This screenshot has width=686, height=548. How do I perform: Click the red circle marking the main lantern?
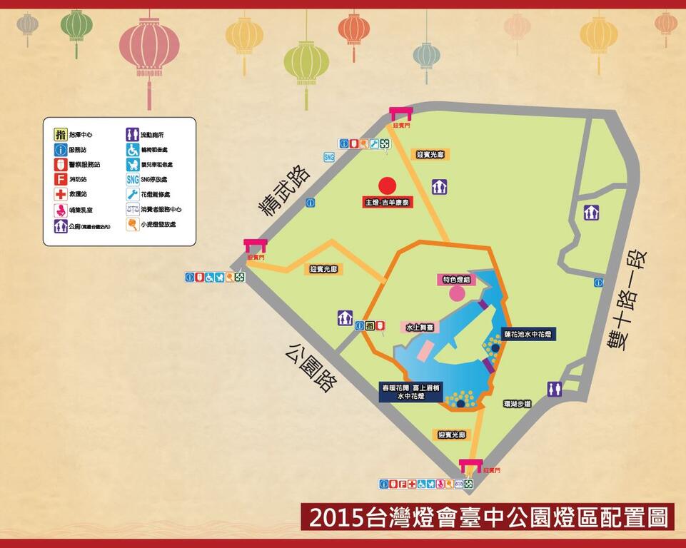386,186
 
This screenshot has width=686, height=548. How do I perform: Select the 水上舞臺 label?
420,326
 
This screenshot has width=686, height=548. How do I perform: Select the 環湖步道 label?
517,404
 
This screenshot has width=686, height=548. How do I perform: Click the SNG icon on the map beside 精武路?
329,157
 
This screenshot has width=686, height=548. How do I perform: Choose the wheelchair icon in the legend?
132,150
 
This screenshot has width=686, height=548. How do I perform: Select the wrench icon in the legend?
132,194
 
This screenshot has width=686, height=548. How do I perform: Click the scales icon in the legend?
132,209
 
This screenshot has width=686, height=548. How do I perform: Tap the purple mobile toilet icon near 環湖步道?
555,389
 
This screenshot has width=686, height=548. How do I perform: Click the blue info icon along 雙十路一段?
598,283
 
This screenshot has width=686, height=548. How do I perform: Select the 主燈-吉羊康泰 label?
388,203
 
